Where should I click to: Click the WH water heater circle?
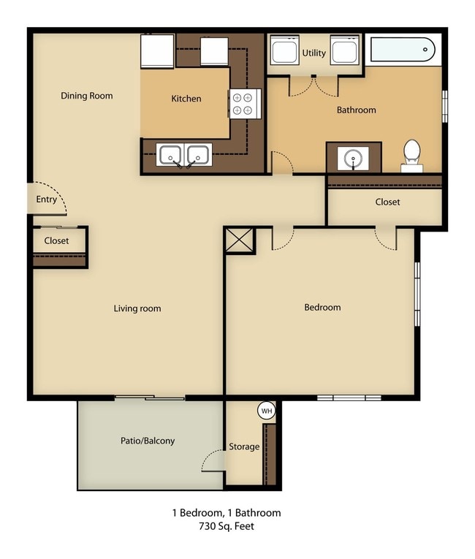[267, 411]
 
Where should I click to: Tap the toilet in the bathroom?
[412, 156]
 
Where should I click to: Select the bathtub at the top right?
[403, 50]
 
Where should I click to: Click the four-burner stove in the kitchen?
[245, 104]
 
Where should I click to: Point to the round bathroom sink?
[353, 158]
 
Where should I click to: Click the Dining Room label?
[87, 96]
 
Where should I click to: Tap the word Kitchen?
[186, 99]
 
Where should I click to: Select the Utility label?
[314, 53]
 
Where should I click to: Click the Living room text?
[137, 308]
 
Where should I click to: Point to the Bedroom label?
[322, 308]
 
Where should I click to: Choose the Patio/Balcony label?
[148, 441]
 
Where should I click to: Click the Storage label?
[244, 446]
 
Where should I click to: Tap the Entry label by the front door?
[46, 199]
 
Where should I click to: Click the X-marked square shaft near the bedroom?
[240, 240]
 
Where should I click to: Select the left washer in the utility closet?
[284, 50]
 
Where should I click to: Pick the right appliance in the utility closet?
[344, 50]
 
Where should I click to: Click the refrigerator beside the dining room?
[157, 51]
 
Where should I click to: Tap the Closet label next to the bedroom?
[387, 202]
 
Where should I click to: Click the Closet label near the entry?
[56, 240]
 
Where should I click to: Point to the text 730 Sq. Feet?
[227, 526]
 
